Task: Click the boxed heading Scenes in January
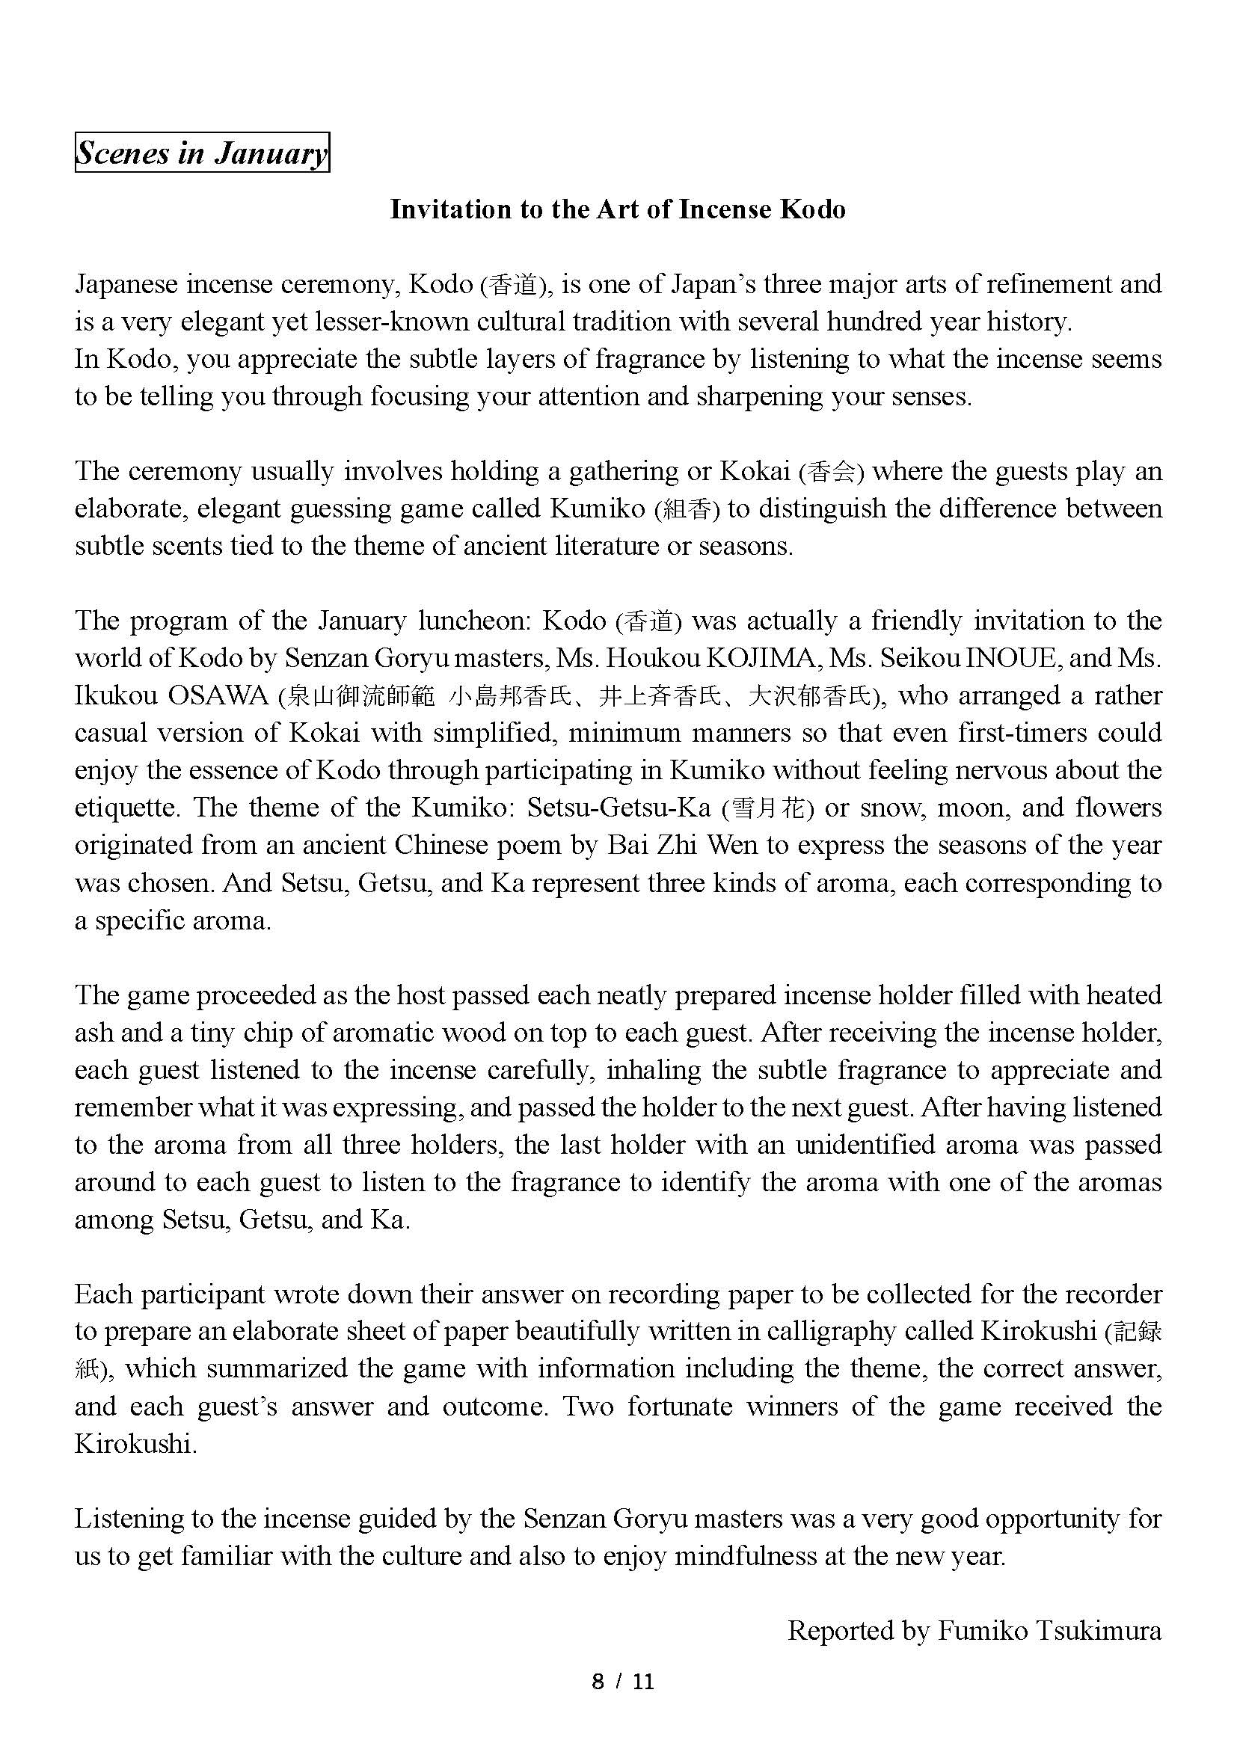(x=201, y=153)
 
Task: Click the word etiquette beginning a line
(x=126, y=808)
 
